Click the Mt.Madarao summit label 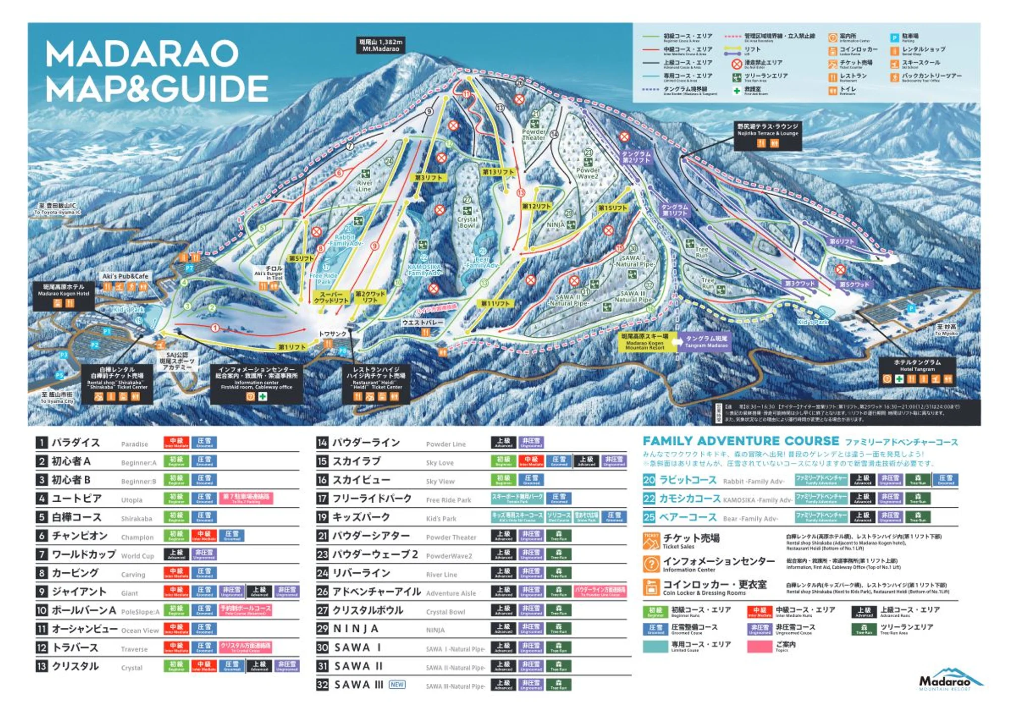click(380, 45)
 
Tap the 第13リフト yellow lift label click(498, 172)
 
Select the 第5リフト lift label click(301, 259)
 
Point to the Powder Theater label click(534, 135)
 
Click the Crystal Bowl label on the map click(467, 222)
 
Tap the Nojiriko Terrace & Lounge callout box click(767, 135)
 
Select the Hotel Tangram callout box click(917, 372)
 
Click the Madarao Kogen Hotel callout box click(63, 296)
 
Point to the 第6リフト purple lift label click(841, 242)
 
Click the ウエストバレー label click(423, 322)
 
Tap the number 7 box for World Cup click(41, 555)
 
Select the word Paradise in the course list click(134, 444)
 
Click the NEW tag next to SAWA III click(397, 685)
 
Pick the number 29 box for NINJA click(322, 629)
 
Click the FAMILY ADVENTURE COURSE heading click(741, 441)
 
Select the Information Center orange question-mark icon click(651, 564)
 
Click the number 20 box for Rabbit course click(649, 480)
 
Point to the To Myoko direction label click(946, 330)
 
